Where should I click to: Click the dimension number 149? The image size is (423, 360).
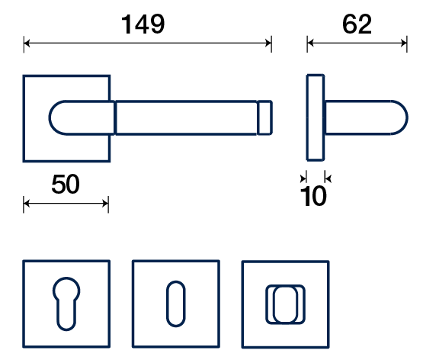click(x=143, y=24)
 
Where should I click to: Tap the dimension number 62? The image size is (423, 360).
click(x=357, y=24)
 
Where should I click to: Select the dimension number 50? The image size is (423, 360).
click(x=66, y=185)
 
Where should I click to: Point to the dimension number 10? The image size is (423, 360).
click(x=313, y=196)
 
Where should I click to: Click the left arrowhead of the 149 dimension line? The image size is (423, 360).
click(x=27, y=43)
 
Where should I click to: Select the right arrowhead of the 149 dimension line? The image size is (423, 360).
click(x=268, y=43)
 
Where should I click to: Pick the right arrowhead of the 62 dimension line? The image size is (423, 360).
click(x=404, y=43)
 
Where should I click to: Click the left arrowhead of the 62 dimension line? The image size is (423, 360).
click(x=310, y=43)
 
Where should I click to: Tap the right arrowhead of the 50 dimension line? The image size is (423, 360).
click(x=105, y=204)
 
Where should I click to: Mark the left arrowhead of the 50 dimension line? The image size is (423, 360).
click(x=27, y=204)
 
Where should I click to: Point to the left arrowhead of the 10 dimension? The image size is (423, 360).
click(x=303, y=178)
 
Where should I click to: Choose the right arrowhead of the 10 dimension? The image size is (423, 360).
click(x=328, y=178)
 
